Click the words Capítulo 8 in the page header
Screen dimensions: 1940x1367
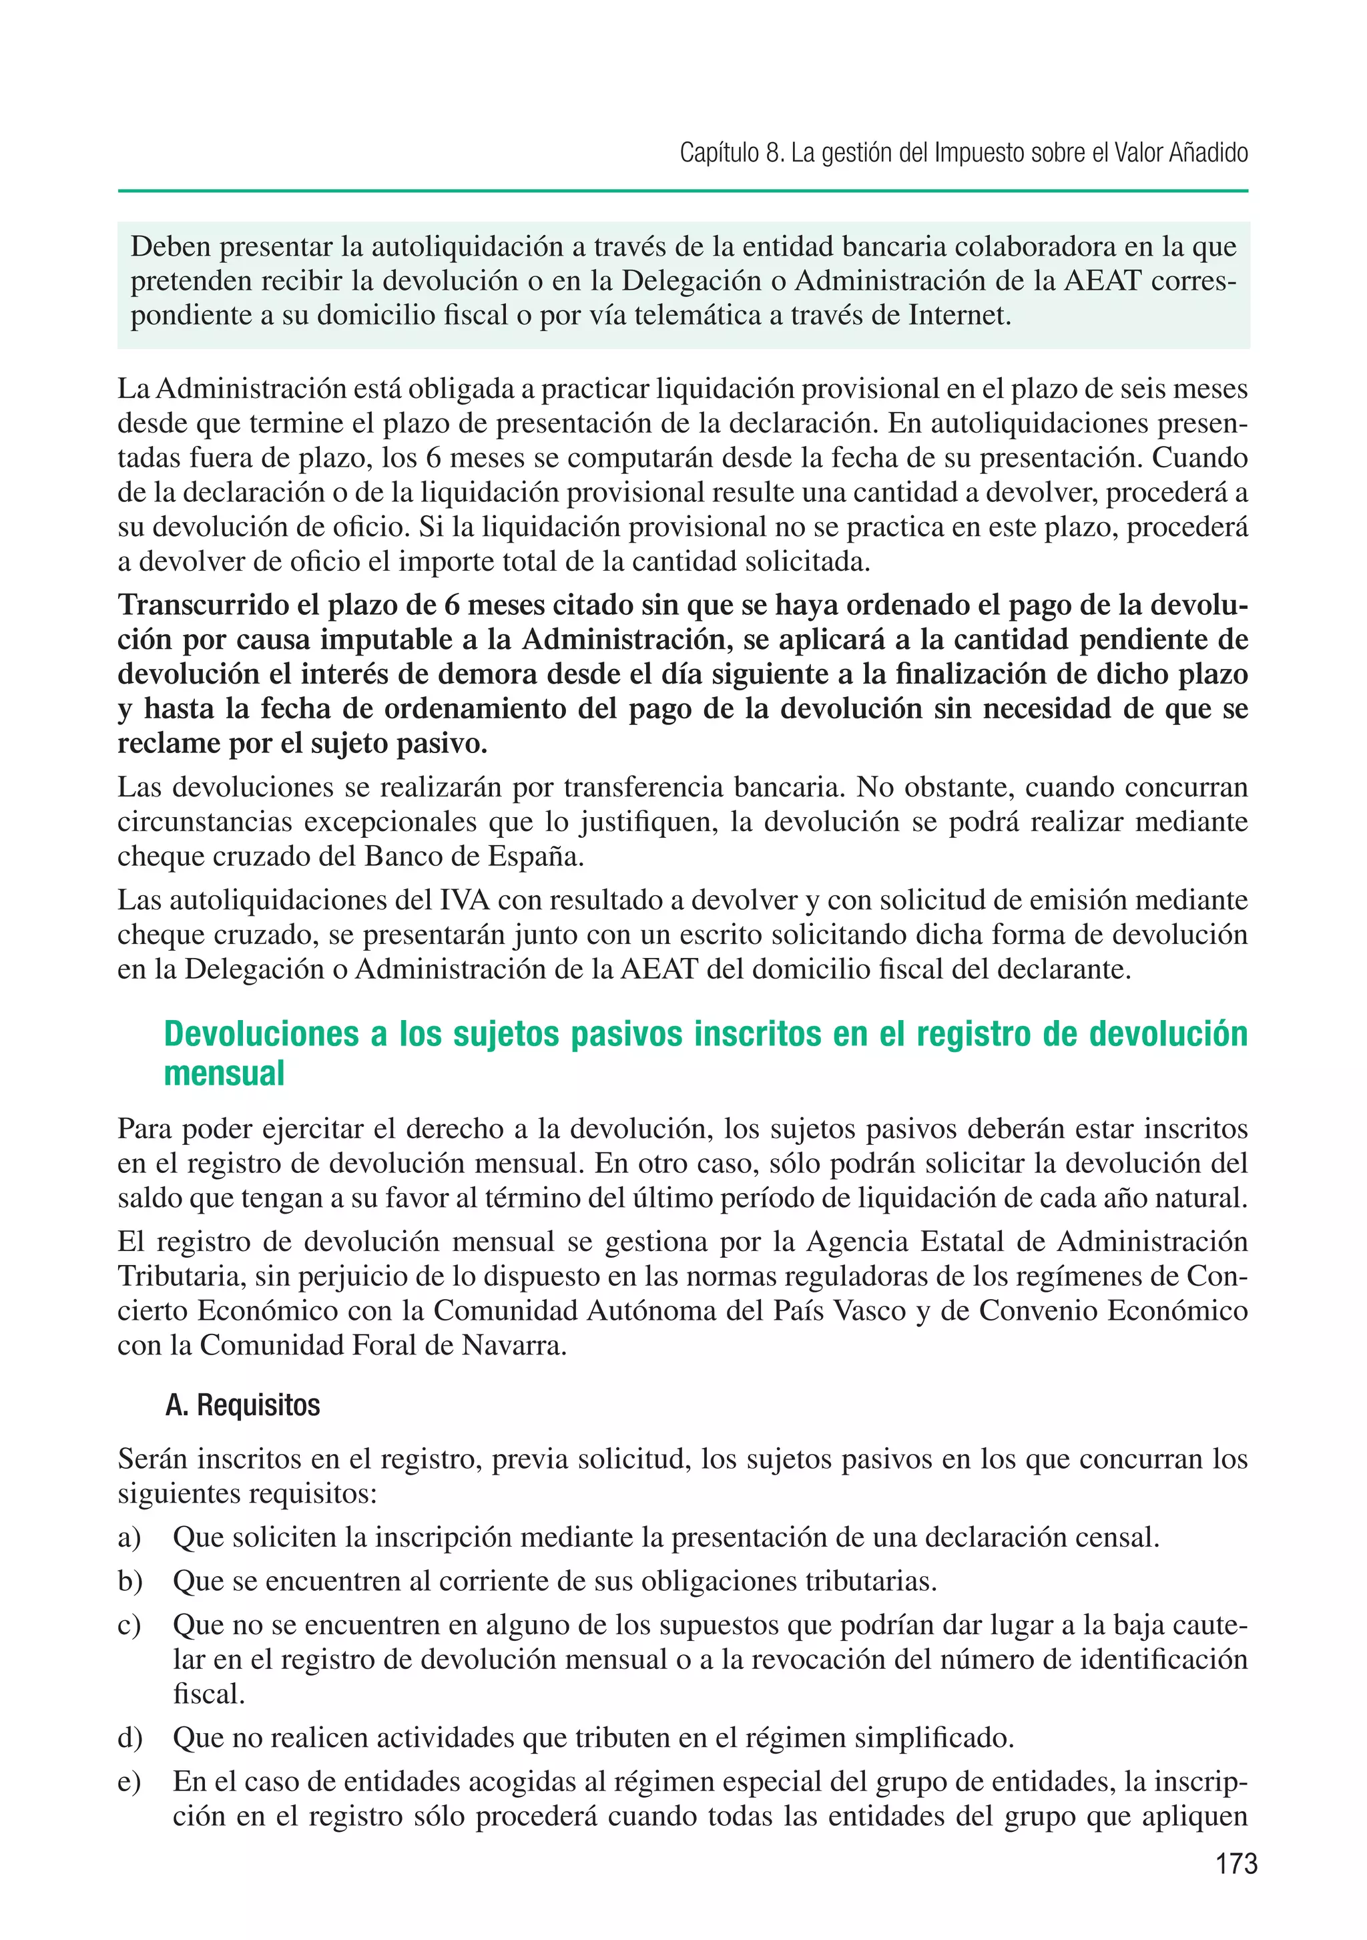(x=730, y=153)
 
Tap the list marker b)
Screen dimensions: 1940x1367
(x=130, y=1581)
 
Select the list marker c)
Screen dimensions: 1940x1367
(x=129, y=1625)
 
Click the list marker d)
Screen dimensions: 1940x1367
(x=130, y=1738)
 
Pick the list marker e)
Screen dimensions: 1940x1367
(x=129, y=1781)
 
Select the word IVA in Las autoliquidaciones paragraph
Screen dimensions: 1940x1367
(x=465, y=900)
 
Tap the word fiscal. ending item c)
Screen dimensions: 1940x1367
(x=209, y=1694)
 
